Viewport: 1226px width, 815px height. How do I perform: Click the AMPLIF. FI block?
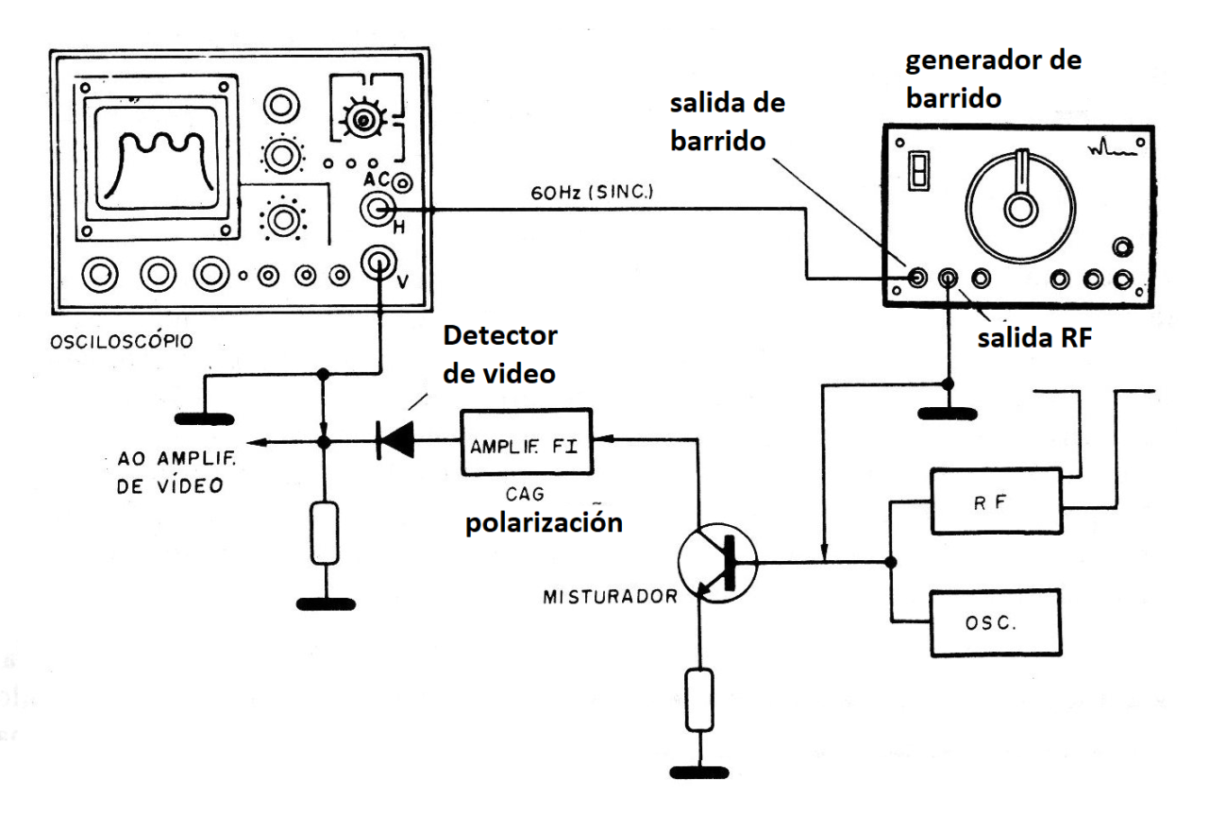click(x=525, y=442)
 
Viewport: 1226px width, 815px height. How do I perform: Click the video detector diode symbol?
click(x=394, y=441)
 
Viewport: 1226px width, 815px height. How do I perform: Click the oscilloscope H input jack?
click(x=379, y=211)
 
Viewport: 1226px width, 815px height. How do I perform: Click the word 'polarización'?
click(x=545, y=523)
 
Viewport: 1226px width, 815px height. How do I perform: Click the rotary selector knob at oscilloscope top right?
click(x=360, y=119)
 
